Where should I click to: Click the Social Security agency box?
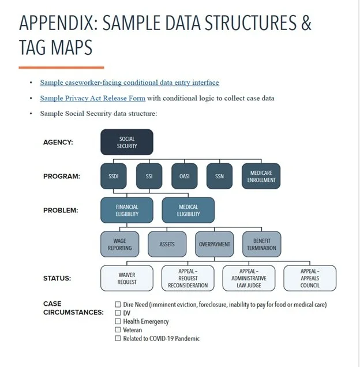pos(127,142)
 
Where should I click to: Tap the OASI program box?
pos(185,176)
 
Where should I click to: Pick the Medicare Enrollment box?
pos(262,176)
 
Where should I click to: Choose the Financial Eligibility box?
pos(127,210)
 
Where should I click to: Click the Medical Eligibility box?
pos(188,210)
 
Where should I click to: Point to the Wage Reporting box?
pos(119,244)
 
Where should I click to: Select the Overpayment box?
pos(214,244)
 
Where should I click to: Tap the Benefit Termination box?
pos(262,244)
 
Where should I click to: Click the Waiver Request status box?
pos(127,278)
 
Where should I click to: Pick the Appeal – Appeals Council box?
pos(310,278)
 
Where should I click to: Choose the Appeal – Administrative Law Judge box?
pos(249,278)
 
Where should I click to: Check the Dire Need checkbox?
pos(118,305)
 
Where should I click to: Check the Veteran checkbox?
pos(118,330)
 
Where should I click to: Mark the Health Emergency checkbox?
pos(118,321)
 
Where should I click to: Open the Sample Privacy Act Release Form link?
pos(92,98)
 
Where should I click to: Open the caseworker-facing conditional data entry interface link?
pos(129,83)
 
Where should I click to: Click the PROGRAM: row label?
pos(61,176)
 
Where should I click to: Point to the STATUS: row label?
pos(57,278)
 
